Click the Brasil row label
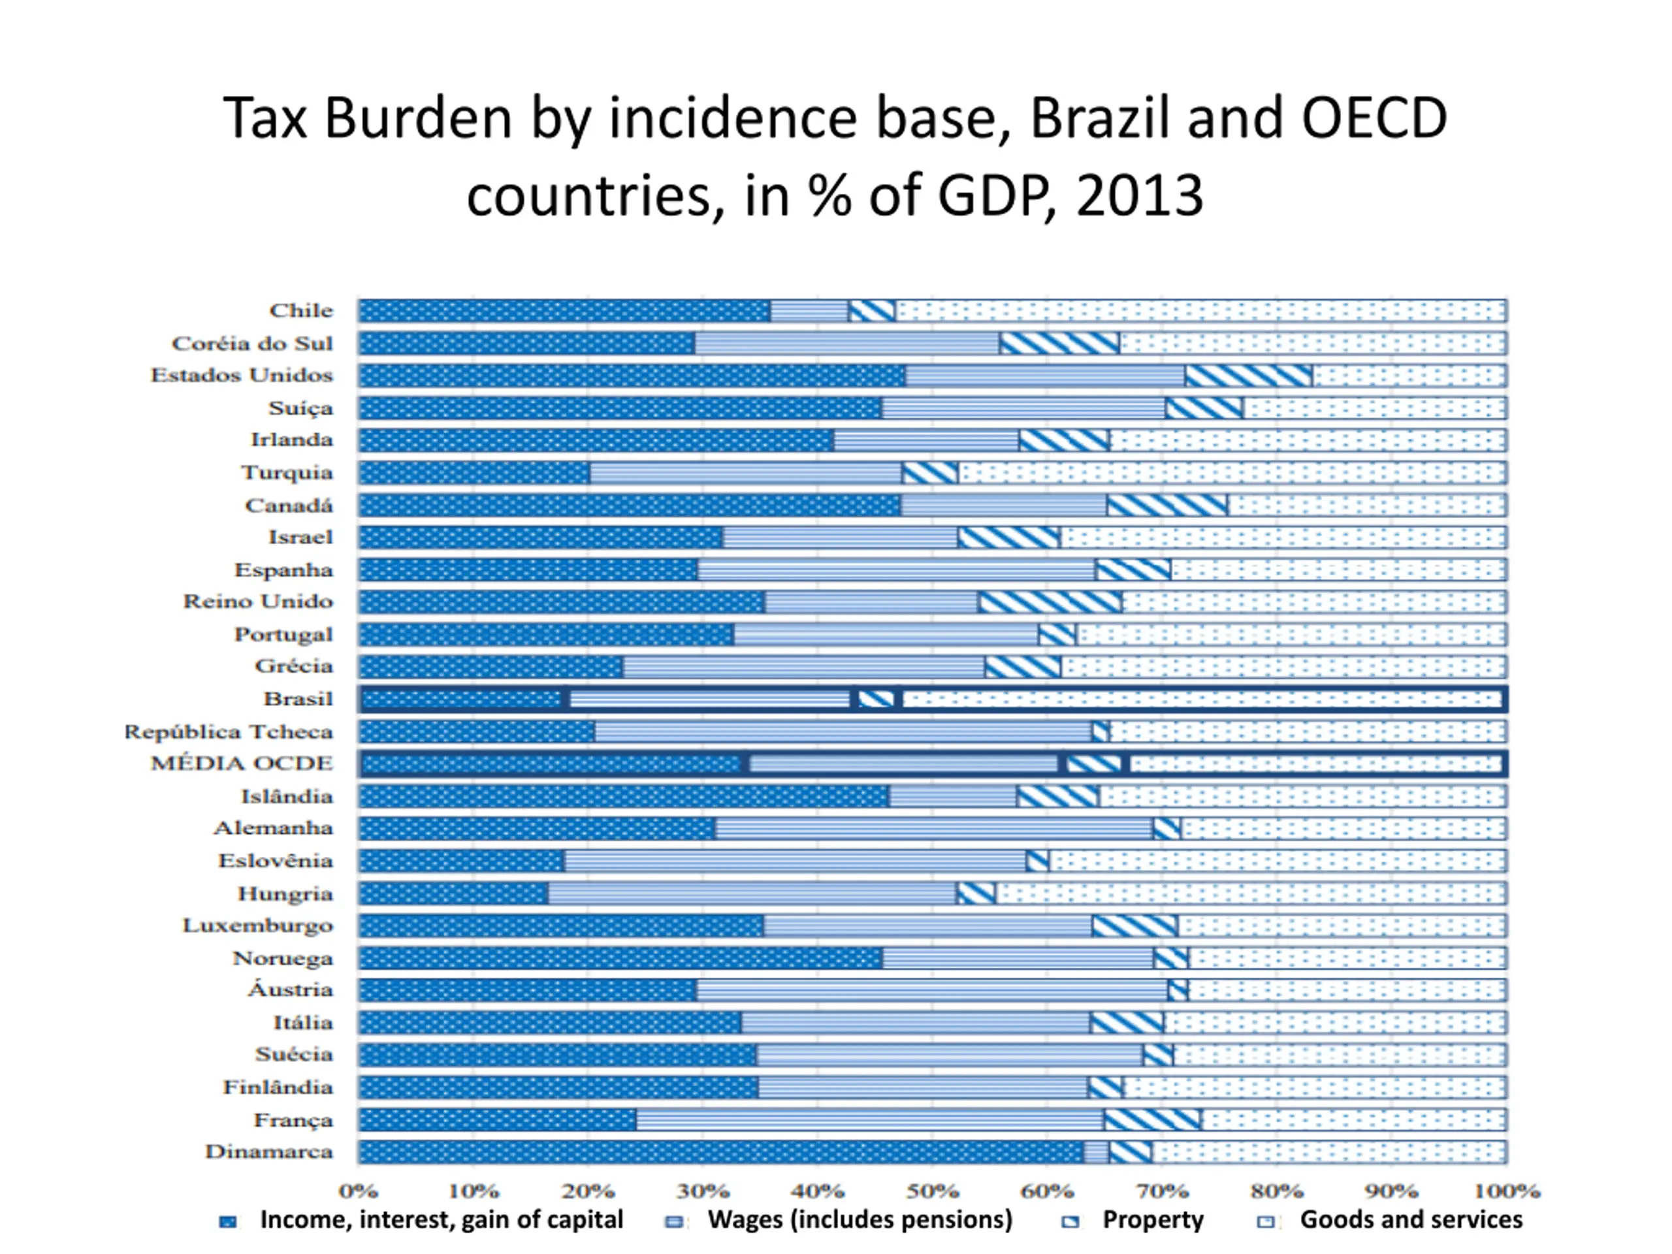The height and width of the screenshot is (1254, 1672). click(298, 698)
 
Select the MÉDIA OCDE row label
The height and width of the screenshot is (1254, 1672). click(242, 764)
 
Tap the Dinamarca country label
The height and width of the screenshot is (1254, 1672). click(269, 1152)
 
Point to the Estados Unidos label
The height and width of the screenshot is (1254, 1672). click(242, 376)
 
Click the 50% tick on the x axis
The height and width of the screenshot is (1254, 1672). click(933, 1191)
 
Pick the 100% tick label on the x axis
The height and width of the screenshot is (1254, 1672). click(1507, 1191)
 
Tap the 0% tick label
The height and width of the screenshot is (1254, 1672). click(359, 1191)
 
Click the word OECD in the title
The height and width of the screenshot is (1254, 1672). click(1374, 119)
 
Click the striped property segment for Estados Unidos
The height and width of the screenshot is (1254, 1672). click(1249, 376)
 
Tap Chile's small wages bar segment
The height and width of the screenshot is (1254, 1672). click(809, 311)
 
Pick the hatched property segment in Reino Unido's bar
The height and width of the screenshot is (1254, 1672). click(1051, 602)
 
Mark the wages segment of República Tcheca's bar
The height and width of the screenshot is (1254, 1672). click(843, 731)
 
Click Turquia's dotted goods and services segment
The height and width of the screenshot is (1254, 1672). click(1232, 472)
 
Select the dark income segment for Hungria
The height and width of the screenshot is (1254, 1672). click(453, 893)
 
